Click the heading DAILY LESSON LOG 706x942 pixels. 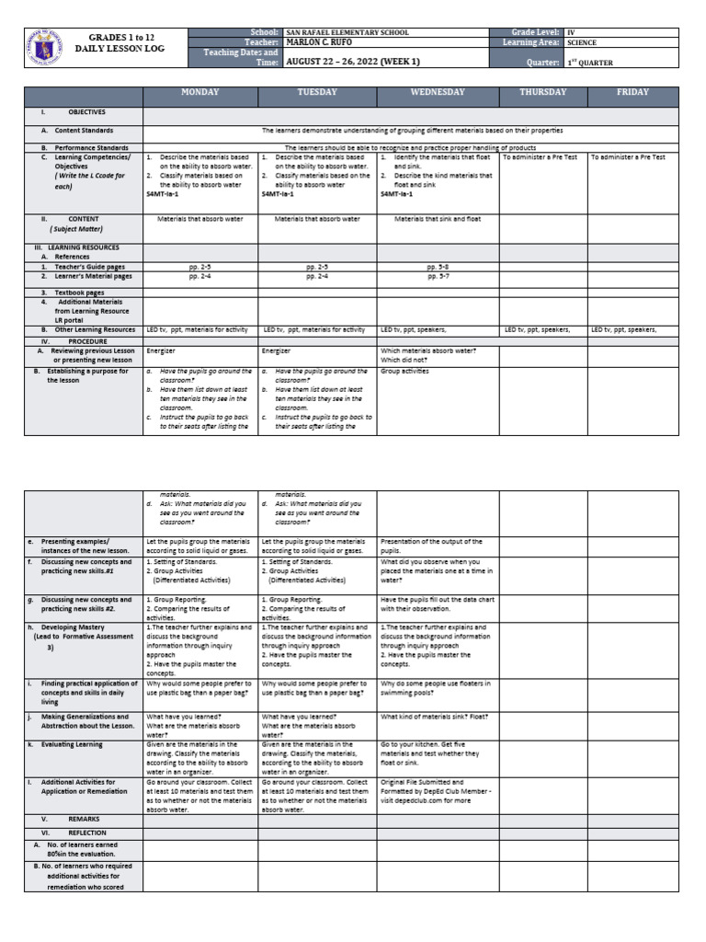(x=120, y=49)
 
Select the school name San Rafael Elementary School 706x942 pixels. (x=348, y=32)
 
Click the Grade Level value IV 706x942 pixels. (x=571, y=32)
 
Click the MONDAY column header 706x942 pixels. (x=199, y=93)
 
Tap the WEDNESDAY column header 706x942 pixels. (x=437, y=93)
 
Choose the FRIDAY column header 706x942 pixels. (x=632, y=93)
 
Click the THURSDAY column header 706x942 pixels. (x=543, y=93)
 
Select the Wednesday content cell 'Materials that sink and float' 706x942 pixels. (x=437, y=219)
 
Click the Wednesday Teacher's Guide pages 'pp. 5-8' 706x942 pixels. (x=437, y=266)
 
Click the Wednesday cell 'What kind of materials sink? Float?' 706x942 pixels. (x=434, y=716)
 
